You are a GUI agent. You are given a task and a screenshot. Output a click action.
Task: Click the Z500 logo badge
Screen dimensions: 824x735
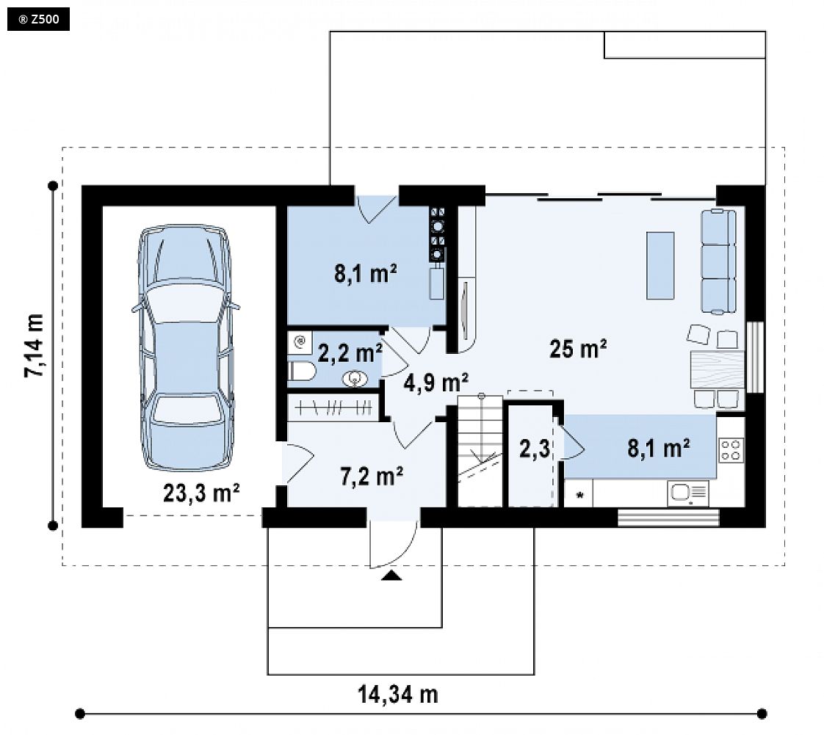point(38,19)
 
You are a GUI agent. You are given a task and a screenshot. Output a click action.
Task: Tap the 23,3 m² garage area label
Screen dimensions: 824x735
point(201,493)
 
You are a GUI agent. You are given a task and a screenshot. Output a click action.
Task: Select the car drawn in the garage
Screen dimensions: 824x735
point(186,347)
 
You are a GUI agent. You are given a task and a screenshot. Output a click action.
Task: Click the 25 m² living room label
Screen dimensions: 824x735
point(578,349)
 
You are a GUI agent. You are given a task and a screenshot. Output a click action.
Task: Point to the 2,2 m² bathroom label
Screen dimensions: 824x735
point(350,353)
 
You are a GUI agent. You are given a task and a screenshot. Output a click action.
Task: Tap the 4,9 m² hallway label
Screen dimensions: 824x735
point(436,383)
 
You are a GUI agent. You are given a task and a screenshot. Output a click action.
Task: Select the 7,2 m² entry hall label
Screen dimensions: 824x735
point(372,477)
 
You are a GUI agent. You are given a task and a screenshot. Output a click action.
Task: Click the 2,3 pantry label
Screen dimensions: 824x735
point(535,449)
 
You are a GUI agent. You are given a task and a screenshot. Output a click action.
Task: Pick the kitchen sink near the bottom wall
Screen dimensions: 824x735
point(688,493)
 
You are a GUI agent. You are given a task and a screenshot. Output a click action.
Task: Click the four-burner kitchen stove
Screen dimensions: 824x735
point(731,450)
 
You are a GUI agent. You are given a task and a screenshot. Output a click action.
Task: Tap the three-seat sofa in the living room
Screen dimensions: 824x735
point(718,261)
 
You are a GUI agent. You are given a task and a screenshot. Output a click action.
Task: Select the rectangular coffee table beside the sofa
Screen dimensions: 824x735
point(660,265)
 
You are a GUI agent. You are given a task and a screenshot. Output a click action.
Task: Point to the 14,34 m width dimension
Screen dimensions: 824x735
point(398,695)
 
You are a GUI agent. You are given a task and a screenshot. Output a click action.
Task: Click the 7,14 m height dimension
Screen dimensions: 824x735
point(35,347)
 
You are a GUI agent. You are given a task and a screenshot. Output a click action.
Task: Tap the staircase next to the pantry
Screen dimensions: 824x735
point(480,450)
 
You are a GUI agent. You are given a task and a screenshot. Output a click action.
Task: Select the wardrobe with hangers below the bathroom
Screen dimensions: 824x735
point(333,408)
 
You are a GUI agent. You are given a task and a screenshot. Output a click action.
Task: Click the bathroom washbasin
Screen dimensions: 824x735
point(355,378)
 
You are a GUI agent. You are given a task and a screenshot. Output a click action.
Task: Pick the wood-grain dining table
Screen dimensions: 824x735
point(718,369)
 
